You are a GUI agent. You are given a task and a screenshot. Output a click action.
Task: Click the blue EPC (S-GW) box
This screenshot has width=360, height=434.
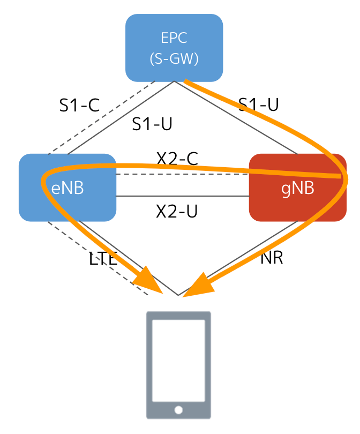tap(174, 48)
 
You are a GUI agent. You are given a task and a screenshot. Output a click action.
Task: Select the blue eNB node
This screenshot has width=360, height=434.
tap(67, 188)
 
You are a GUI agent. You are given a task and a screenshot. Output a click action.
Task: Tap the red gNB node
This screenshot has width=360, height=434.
tap(298, 188)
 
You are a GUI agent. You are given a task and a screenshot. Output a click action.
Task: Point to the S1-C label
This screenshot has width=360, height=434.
tap(79, 105)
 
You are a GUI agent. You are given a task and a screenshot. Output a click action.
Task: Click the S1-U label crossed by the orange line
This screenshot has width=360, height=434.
tap(259, 104)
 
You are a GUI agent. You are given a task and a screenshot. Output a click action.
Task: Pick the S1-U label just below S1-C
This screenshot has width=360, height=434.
tap(152, 124)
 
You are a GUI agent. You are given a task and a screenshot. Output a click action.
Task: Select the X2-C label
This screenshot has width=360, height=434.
tap(177, 158)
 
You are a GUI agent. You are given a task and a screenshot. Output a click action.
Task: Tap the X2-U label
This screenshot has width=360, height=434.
tap(177, 211)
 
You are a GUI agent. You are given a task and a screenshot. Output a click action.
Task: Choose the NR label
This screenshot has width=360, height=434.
tap(272, 258)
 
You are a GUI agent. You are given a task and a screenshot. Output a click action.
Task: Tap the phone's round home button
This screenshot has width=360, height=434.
tap(178, 410)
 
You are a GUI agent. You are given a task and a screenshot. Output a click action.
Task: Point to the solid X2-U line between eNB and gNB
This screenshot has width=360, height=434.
tap(182, 196)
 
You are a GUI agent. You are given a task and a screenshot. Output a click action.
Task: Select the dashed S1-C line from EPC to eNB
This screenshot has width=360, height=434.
tap(102, 118)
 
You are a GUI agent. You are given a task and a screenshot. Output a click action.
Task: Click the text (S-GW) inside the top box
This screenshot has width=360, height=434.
tap(174, 58)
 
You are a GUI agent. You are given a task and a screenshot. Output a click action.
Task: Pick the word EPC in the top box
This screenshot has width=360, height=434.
tap(174, 38)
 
